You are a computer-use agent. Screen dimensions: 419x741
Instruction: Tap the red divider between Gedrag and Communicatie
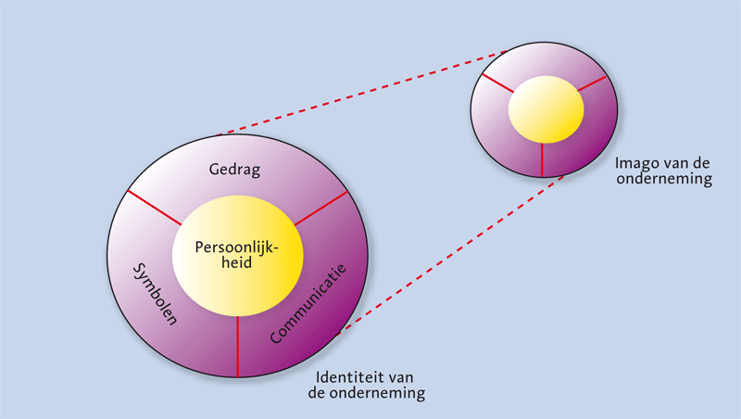point(320,209)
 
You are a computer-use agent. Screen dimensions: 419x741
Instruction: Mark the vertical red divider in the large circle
point(238,346)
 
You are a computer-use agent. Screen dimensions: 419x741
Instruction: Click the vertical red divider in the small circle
point(542,159)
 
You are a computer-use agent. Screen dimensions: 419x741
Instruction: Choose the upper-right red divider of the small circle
point(594,84)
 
